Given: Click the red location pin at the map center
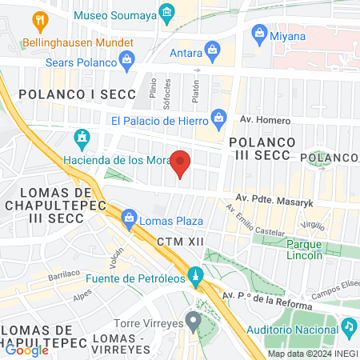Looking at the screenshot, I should [181, 162].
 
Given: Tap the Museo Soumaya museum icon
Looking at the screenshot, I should [166, 12].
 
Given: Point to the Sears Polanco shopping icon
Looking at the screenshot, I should [126, 59].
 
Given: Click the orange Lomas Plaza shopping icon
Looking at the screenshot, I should [127, 216].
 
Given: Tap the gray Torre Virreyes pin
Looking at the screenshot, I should [193, 322].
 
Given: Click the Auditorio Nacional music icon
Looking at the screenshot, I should [349, 326].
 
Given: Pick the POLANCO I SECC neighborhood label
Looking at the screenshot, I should [63, 94].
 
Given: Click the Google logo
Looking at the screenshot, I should [26, 350].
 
